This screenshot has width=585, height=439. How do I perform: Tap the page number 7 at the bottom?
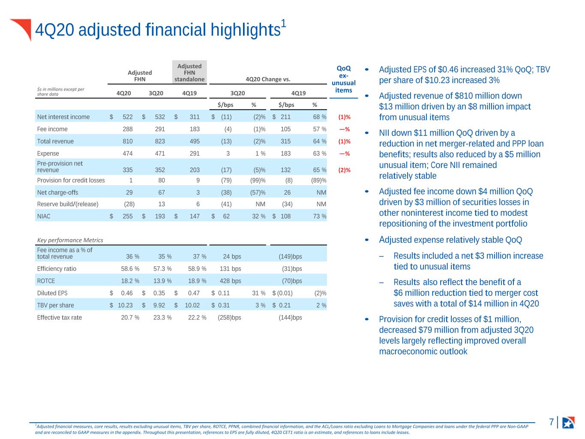tap(551, 422)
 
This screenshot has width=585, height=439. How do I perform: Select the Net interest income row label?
tap(63, 117)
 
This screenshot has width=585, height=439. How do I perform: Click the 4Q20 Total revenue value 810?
tap(127, 141)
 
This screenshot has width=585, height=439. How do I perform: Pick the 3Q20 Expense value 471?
tap(159, 153)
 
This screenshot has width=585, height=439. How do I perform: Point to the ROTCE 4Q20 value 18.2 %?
tap(130, 281)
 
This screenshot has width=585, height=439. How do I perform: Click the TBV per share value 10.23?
tap(125, 305)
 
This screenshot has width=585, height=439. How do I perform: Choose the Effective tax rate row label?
tap(60, 317)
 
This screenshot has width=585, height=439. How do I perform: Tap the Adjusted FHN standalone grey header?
tap(189, 72)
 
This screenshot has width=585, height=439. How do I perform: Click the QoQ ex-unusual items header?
tap(344, 79)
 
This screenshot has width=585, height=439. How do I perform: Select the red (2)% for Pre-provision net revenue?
tap(344, 170)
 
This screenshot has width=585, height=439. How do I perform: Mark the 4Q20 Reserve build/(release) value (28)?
tap(129, 204)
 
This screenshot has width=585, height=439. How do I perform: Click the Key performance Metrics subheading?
tap(70, 240)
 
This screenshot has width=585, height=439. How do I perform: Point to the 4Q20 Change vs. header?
tap(268, 79)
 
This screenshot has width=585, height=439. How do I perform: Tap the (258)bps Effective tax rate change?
tap(229, 317)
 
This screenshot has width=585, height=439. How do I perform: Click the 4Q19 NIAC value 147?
tap(195, 216)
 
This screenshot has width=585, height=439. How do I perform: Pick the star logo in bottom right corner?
tap(568, 422)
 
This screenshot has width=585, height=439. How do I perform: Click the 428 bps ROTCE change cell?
tap(230, 281)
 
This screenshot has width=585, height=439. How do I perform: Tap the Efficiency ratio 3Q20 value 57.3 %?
tap(162, 269)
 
